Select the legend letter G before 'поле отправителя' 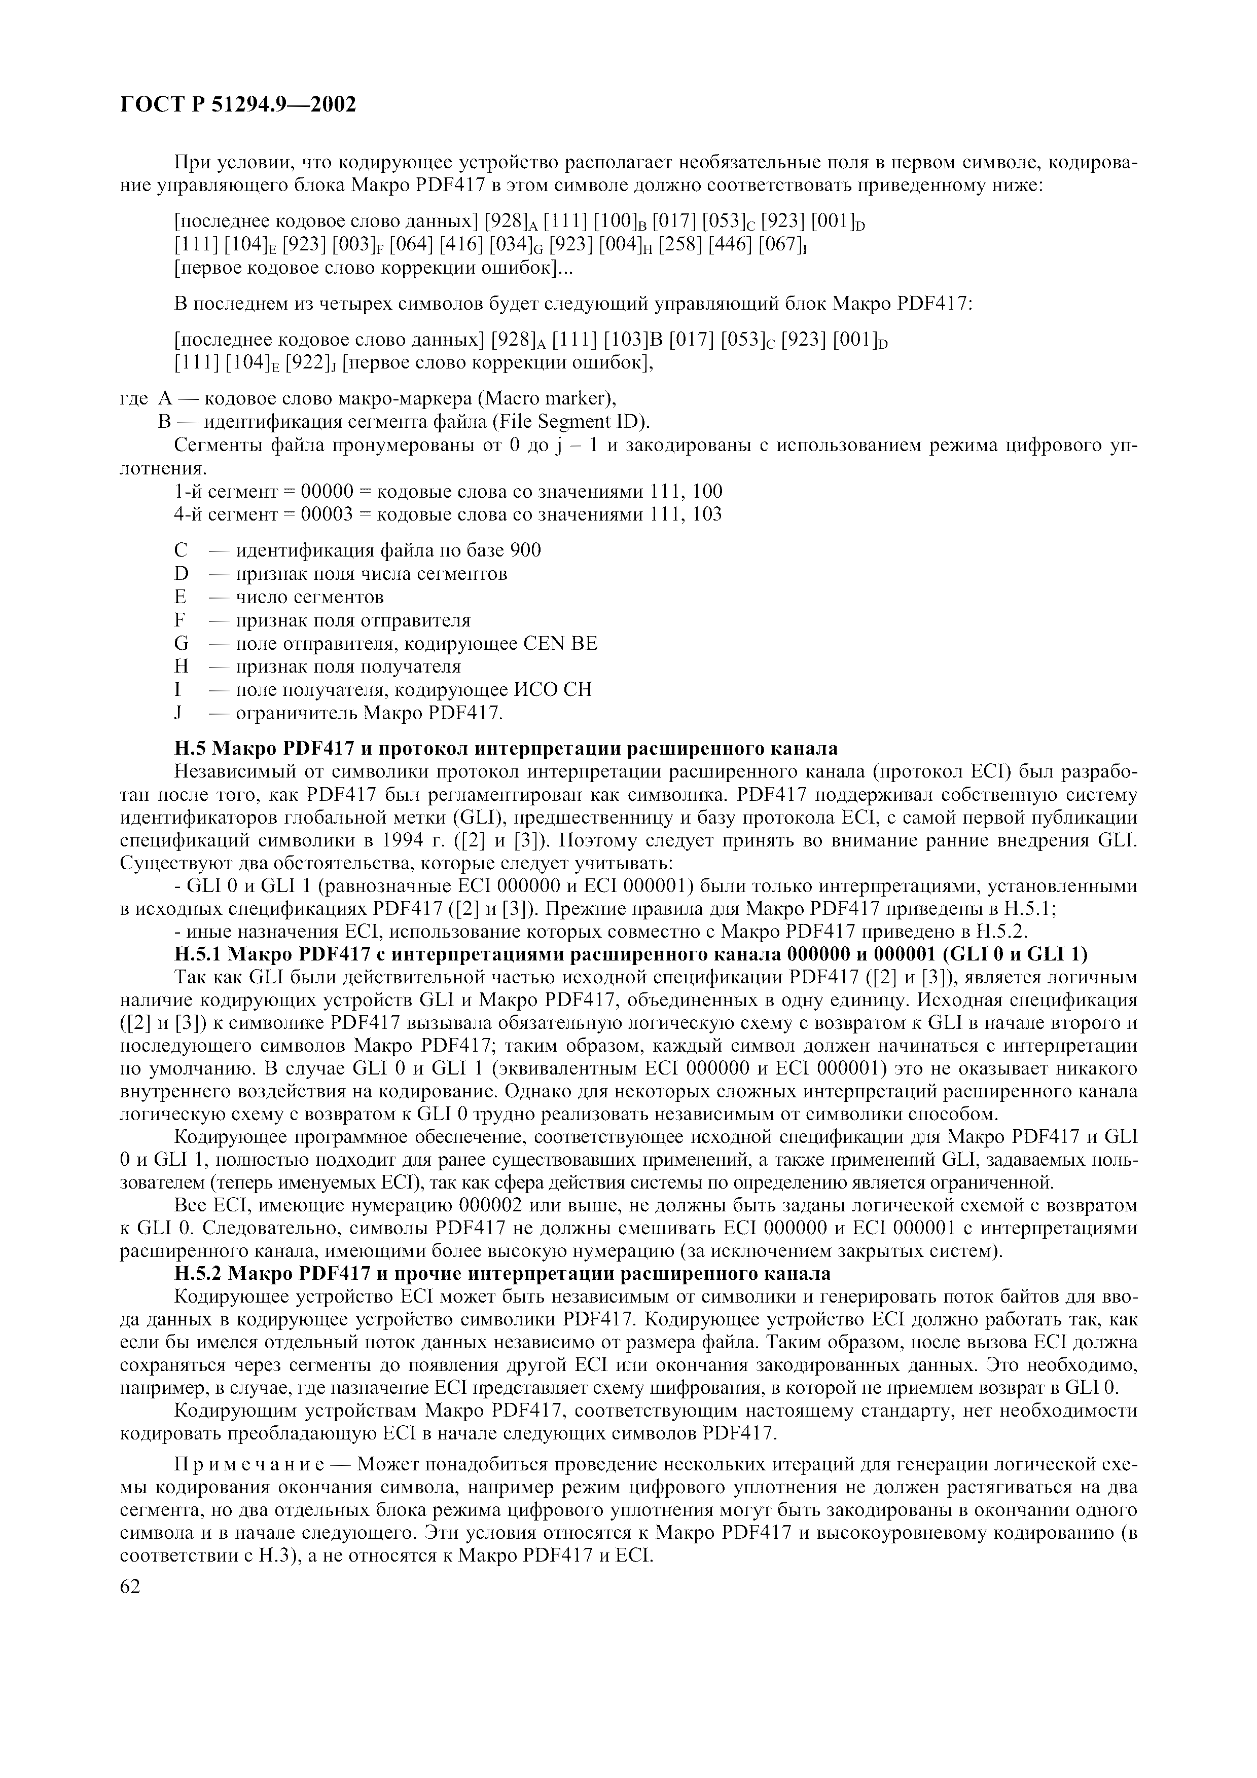[182, 644]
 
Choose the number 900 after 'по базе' [525, 550]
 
